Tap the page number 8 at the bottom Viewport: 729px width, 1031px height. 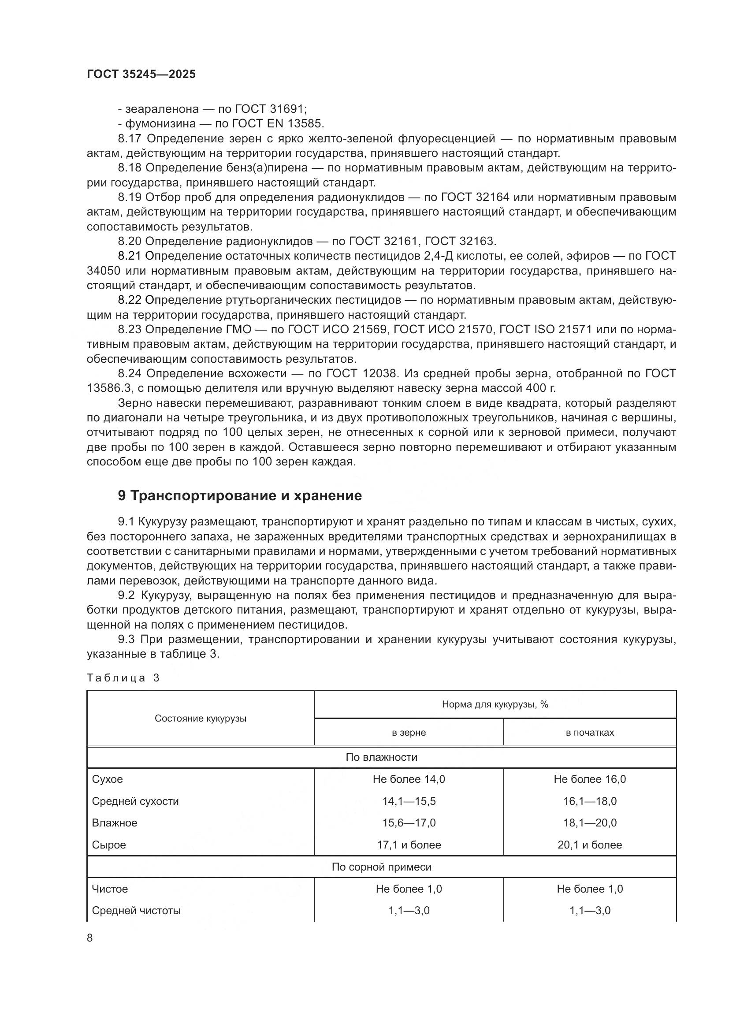coord(90,938)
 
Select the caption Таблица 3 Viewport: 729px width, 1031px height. coord(123,677)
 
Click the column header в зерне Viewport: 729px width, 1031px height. coord(409,733)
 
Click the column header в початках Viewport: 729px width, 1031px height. coord(589,733)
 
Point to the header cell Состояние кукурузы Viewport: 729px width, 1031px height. coord(200,718)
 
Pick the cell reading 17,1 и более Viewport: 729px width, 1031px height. coord(409,845)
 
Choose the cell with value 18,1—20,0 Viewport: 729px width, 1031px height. coord(589,823)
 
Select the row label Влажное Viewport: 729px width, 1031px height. coord(115,823)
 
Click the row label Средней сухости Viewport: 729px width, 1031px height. coord(135,801)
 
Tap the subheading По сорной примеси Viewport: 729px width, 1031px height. coord(381,867)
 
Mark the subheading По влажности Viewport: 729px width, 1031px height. coord(381,757)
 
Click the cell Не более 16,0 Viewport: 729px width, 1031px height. coord(589,779)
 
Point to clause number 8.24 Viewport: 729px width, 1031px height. coord(130,374)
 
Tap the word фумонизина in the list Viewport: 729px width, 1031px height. coord(160,123)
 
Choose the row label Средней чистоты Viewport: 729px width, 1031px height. coord(136,910)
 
